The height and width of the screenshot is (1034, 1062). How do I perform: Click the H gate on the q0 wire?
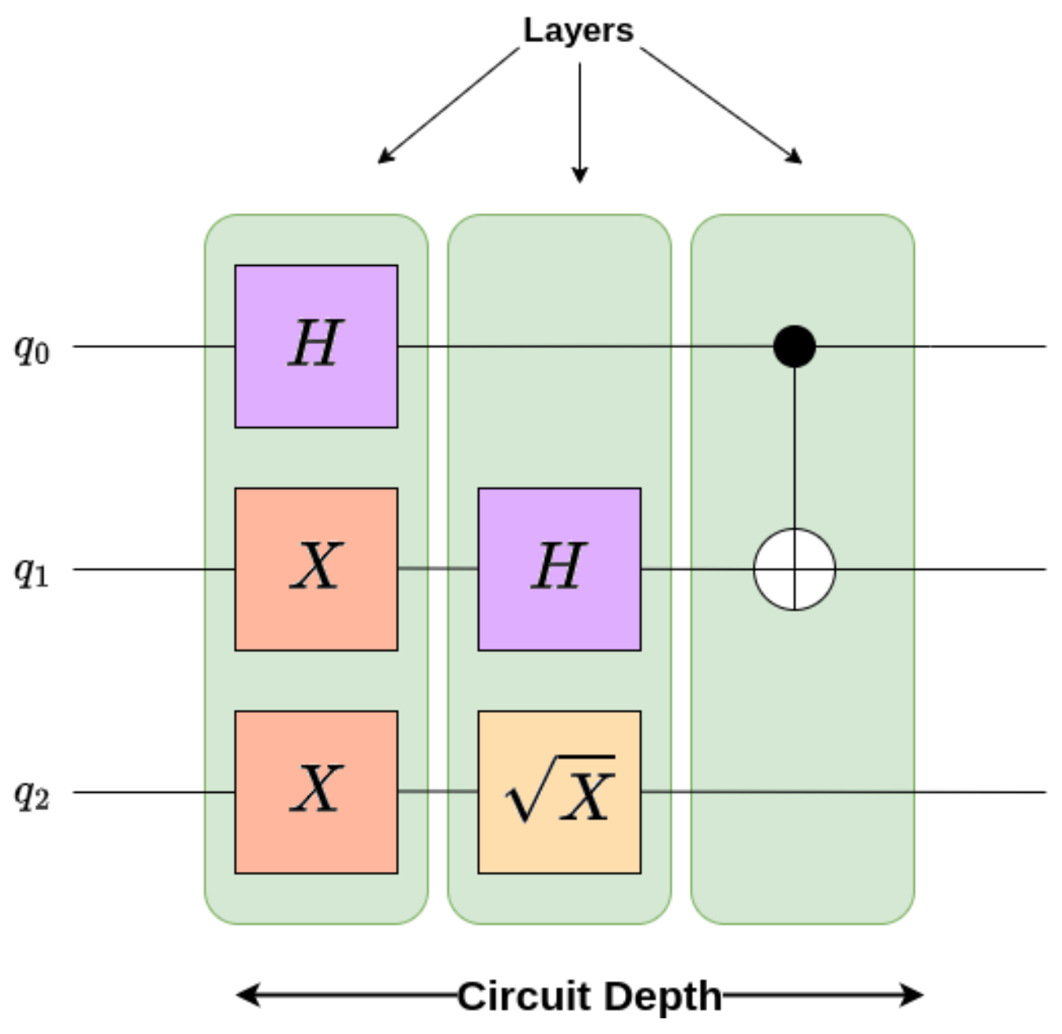(x=316, y=346)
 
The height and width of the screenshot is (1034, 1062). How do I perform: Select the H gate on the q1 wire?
(x=559, y=569)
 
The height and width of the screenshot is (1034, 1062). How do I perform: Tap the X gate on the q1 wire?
(x=316, y=569)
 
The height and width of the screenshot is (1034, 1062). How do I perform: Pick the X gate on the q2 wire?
(x=316, y=792)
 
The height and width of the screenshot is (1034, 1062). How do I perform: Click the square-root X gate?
(x=559, y=792)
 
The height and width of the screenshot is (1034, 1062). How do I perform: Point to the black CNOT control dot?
(x=794, y=346)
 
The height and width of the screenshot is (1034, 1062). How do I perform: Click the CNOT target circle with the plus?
(x=794, y=569)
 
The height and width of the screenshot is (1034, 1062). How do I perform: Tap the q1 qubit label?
(x=32, y=571)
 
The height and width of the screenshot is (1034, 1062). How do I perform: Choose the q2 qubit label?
(x=32, y=794)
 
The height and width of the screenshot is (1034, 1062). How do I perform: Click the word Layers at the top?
(x=578, y=30)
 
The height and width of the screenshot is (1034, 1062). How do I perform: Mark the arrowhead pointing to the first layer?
(x=384, y=157)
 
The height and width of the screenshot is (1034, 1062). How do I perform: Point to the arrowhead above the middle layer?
(x=580, y=175)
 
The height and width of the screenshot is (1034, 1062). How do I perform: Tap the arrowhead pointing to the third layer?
(x=794, y=157)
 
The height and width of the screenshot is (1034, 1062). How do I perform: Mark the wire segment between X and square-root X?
(x=438, y=792)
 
